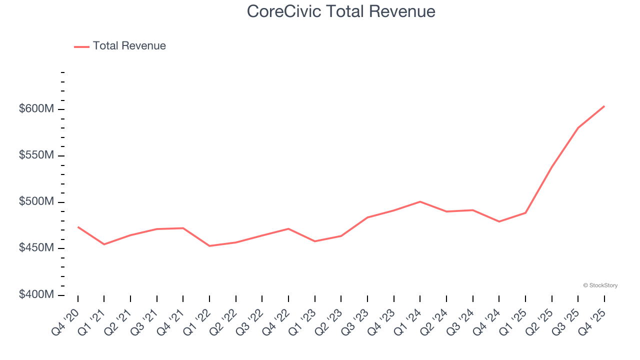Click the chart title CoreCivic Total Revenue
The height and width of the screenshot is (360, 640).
(x=341, y=11)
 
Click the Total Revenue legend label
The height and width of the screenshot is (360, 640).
(x=129, y=46)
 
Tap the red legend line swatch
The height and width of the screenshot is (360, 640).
(x=81, y=46)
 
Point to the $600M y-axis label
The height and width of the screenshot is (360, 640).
(x=36, y=109)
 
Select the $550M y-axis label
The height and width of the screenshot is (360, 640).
(x=36, y=155)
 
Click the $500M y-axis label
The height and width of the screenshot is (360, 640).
(x=36, y=202)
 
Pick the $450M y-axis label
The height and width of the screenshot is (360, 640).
(x=36, y=248)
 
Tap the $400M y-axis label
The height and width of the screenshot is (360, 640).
(x=36, y=295)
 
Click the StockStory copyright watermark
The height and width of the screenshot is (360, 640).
(x=600, y=285)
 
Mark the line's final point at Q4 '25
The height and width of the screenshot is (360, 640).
(x=604, y=106)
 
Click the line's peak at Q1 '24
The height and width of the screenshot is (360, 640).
(x=420, y=201)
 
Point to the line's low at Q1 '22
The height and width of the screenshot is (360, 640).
(x=209, y=246)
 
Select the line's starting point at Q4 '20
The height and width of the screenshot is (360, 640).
(x=78, y=227)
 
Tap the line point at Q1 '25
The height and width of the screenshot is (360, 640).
(x=525, y=213)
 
